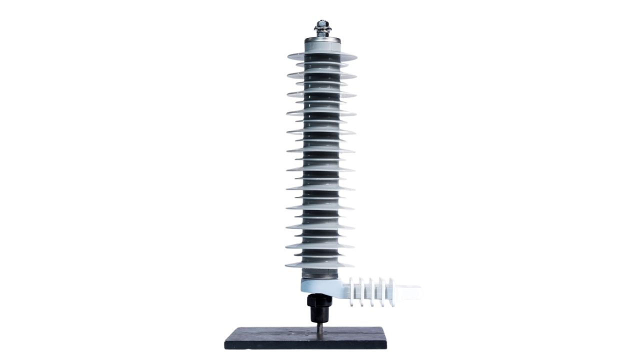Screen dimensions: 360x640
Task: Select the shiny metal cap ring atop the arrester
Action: pyautogui.click(x=322, y=39)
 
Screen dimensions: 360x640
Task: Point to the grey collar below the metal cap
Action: pyautogui.click(x=322, y=47)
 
